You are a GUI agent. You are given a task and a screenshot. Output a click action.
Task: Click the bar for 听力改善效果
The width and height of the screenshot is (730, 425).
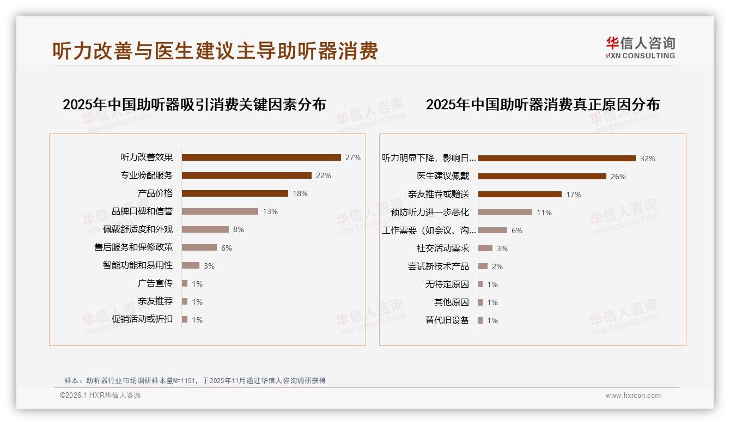(x=261, y=157)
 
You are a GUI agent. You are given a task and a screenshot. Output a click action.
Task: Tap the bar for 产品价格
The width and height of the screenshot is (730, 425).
(x=235, y=193)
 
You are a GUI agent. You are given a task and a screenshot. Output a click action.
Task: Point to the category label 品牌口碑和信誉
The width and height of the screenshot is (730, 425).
(x=142, y=211)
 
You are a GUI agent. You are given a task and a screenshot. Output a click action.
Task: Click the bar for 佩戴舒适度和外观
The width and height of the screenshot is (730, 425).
(x=205, y=229)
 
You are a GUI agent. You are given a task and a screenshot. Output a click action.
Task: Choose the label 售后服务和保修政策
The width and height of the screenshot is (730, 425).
(x=133, y=247)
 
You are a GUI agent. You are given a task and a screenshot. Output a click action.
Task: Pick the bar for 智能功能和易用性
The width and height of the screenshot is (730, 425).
(x=191, y=265)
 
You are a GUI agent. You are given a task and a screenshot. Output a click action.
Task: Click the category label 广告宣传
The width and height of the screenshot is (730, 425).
(x=155, y=283)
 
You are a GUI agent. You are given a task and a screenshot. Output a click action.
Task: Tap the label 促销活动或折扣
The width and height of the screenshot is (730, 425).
(x=142, y=319)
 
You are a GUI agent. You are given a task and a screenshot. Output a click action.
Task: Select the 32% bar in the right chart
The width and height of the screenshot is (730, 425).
(x=557, y=159)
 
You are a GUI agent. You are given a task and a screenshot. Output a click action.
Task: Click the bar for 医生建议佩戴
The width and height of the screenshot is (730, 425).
(x=542, y=177)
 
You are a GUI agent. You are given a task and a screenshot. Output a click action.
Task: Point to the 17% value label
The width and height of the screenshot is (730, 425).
(x=574, y=195)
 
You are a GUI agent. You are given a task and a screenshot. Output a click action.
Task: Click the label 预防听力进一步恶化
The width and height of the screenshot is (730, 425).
(x=430, y=212)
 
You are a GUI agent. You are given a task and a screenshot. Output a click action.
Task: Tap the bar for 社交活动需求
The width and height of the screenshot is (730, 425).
(x=485, y=248)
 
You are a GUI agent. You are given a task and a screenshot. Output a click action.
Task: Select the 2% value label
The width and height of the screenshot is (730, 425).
(x=497, y=266)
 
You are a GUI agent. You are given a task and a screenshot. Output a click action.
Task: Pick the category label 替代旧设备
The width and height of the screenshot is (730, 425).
(x=447, y=320)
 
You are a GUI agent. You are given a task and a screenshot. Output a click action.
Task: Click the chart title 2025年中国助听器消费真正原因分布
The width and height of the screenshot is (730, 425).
(x=543, y=104)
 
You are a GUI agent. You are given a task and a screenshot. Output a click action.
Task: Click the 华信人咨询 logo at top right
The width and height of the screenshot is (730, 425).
(x=640, y=47)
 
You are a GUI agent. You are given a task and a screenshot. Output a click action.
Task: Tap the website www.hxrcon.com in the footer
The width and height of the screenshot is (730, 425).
(x=633, y=396)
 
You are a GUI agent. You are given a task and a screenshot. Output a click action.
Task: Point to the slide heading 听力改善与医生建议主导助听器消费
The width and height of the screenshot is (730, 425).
(x=215, y=51)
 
